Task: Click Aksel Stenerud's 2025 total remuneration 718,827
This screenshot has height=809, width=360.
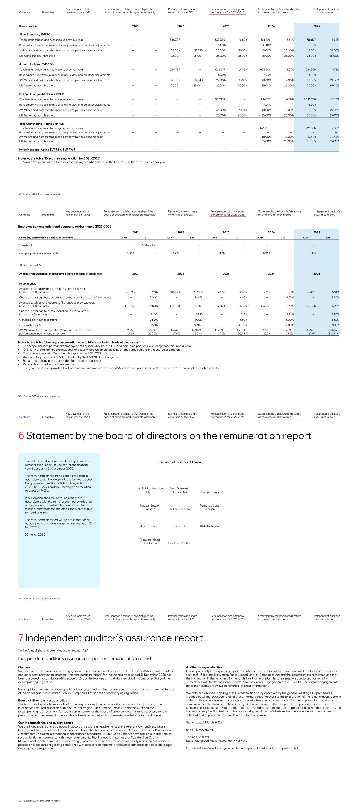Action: (x=311, y=40)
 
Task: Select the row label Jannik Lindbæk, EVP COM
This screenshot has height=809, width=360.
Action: (x=36, y=64)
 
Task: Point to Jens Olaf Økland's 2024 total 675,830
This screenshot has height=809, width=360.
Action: (x=265, y=128)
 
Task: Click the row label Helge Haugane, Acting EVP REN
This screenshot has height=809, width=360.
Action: (x=47, y=150)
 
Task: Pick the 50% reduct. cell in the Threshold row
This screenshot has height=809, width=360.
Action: (x=150, y=245)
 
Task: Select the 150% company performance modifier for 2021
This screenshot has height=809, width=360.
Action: (x=130, y=253)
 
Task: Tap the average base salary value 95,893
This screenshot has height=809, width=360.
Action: (x=130, y=292)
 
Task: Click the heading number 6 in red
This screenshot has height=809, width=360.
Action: (x=21, y=436)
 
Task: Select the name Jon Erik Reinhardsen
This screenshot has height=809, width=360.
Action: (x=150, y=489)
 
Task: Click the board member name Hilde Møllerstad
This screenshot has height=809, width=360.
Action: (x=210, y=526)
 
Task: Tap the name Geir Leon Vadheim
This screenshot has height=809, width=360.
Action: (x=180, y=543)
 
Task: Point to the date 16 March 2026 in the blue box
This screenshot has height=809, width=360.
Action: (x=35, y=534)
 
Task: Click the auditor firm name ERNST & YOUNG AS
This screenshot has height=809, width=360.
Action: (x=199, y=730)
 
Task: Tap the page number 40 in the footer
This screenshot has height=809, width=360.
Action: (x=20, y=801)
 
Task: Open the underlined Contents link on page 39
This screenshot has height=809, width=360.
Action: (x=25, y=417)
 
